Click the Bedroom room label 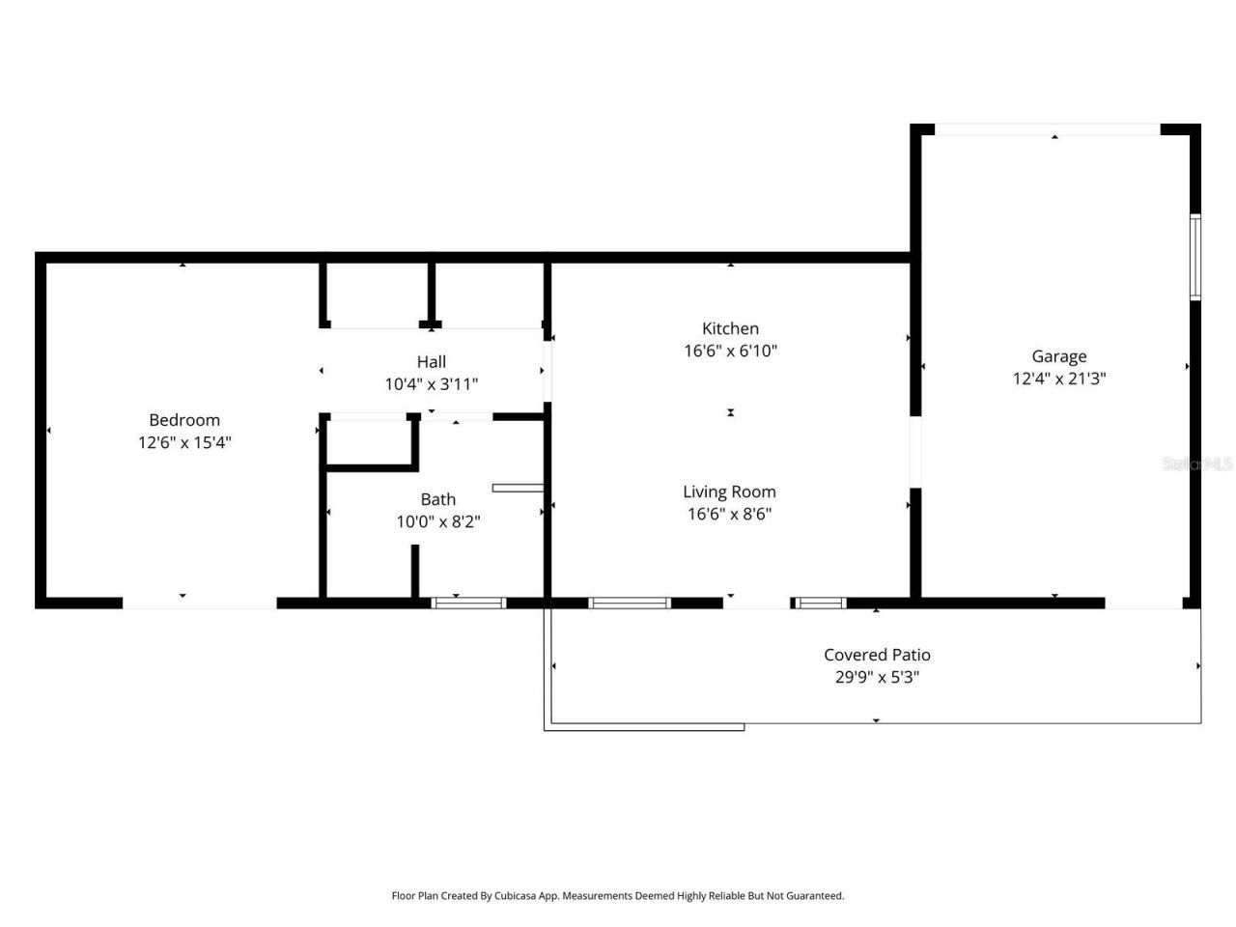click(184, 420)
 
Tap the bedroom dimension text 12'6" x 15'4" click(184, 443)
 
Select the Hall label click(432, 362)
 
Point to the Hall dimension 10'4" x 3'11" click(432, 384)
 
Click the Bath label click(437, 499)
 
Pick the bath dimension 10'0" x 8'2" click(437, 522)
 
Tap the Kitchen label click(730, 328)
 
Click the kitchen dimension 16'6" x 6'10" click(730, 351)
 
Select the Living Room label click(729, 492)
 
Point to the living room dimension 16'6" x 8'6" click(729, 515)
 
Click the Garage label click(1058, 356)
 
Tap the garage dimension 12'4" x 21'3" click(1058, 379)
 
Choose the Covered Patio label click(877, 655)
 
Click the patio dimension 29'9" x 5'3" click(877, 678)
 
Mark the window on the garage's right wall click(1194, 257)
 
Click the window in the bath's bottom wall click(468, 604)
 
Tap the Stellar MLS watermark click(1197, 464)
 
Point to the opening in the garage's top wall click(1048, 129)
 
